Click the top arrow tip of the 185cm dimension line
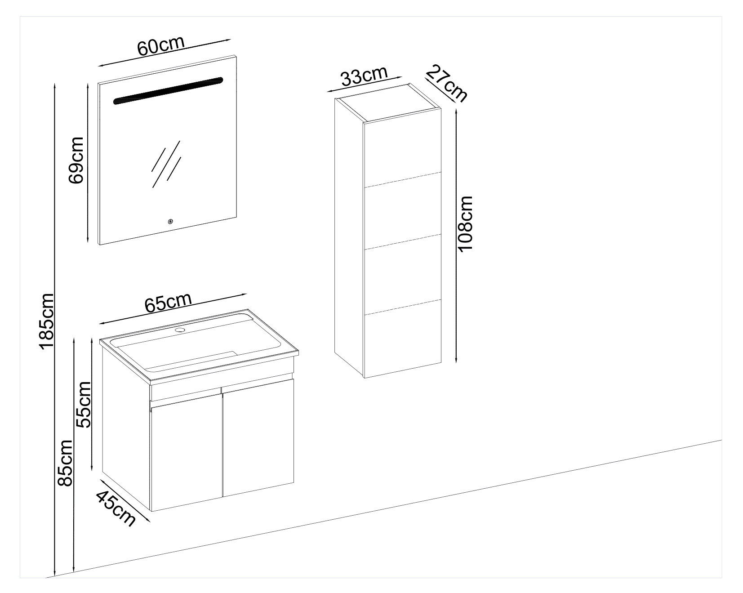coord(54,83)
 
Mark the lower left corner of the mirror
coord(99,245)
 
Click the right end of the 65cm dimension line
coord(247,294)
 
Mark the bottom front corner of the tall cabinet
coord(364,378)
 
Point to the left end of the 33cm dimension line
coord(327,92)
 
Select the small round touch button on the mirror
coord(170,221)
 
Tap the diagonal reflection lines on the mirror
coord(166,164)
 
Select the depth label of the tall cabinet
coord(446,83)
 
